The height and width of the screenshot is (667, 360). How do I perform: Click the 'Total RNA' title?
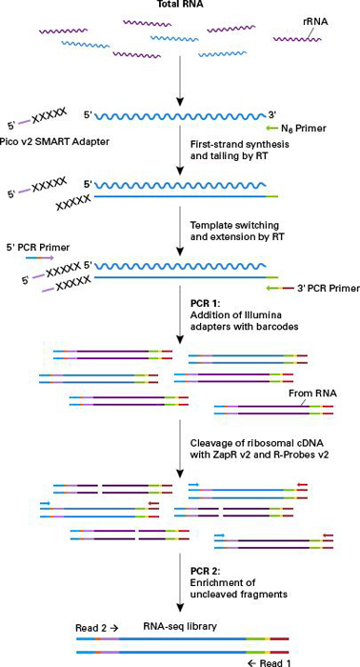(180, 7)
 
